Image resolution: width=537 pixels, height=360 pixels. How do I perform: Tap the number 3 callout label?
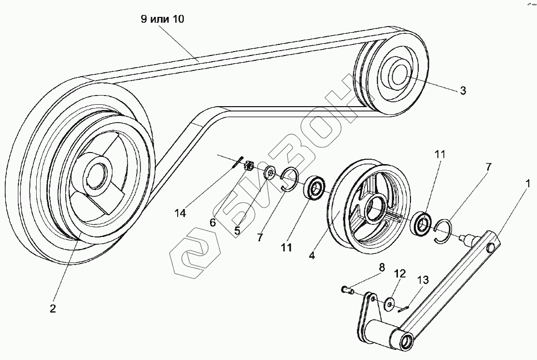pos(463,91)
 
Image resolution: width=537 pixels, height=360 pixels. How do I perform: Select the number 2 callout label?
pos(53,309)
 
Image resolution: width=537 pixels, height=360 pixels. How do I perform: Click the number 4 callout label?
pos(312,256)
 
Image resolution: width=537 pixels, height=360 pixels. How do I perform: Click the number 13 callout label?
pos(423,280)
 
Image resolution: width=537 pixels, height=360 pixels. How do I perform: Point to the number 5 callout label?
pos(237,231)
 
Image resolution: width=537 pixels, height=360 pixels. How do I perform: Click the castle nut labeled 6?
pos(250,166)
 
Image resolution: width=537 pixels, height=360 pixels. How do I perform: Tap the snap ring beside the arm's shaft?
pos(444,231)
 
